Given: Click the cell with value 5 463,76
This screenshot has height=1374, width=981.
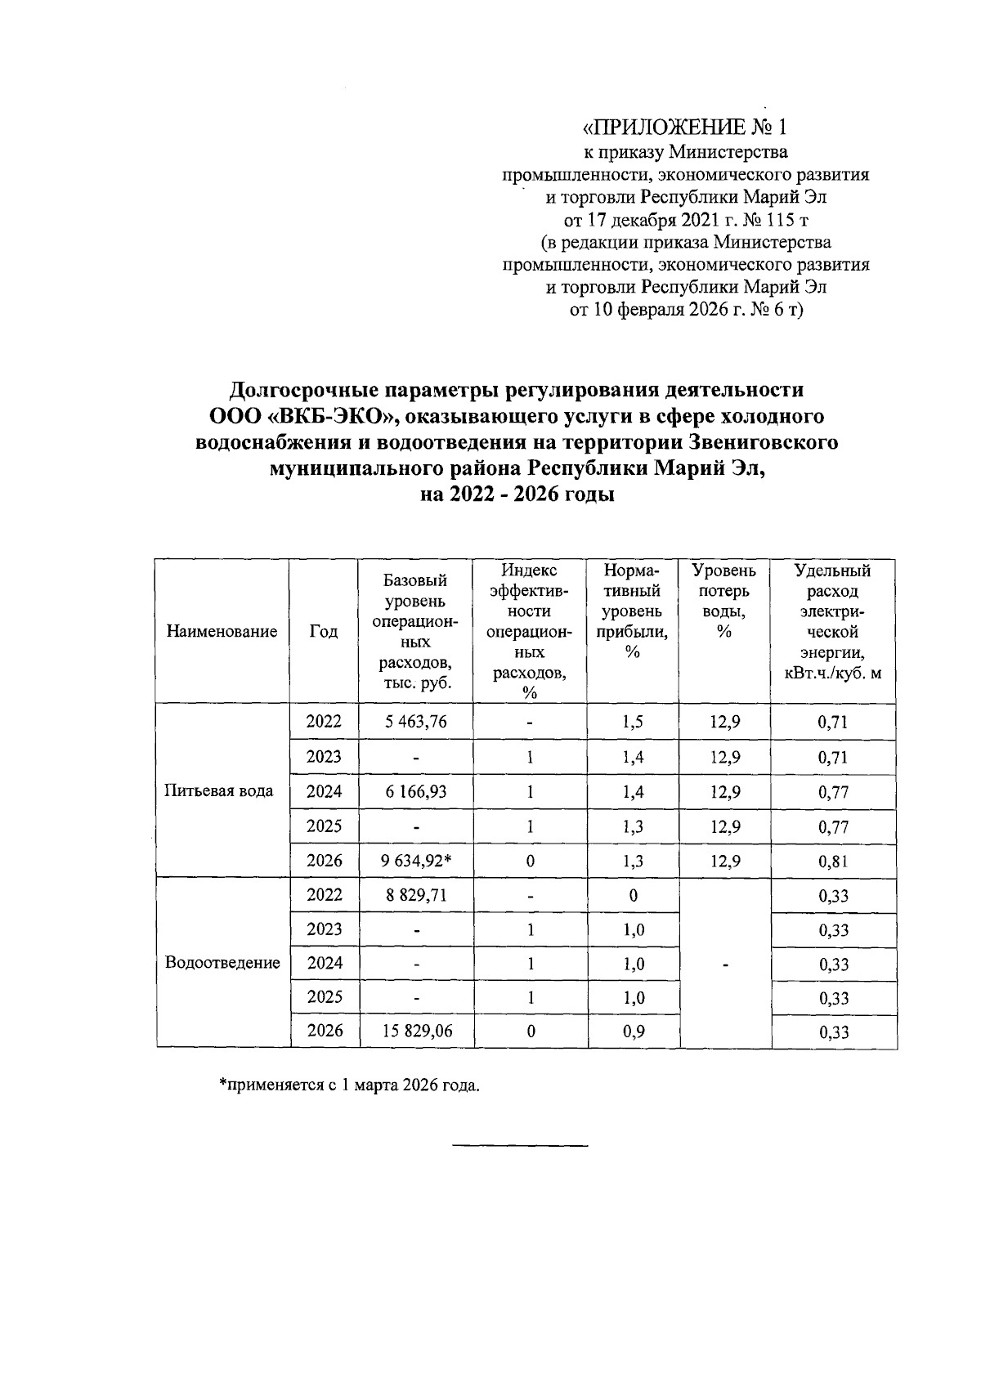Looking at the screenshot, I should tap(416, 722).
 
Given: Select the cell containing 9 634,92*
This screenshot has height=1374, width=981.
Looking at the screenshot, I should tap(416, 861).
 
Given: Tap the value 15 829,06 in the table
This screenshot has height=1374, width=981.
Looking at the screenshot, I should tap(416, 1032).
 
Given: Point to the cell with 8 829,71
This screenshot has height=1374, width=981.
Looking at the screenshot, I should tap(416, 895).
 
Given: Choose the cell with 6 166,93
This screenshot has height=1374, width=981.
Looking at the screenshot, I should tap(416, 791).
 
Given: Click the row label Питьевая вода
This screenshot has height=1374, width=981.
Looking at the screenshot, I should tap(219, 791).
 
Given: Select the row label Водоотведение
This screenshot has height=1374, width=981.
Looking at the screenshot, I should tap(222, 963).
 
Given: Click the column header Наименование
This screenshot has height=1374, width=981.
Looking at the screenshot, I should tap(222, 631).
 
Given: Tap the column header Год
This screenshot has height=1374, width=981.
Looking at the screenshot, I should tap(324, 631).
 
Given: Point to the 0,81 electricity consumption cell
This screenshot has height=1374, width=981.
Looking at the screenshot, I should tap(833, 862).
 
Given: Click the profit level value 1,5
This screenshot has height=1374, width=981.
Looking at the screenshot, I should tap(633, 722).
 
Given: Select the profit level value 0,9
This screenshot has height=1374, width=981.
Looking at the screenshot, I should tap(633, 1032).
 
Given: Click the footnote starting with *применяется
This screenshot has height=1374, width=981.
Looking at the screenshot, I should tap(349, 1086).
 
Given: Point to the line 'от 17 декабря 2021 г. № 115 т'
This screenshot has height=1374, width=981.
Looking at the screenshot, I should tap(685, 220).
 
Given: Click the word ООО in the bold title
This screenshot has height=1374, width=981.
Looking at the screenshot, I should tap(235, 417).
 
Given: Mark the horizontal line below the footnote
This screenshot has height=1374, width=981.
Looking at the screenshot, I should tap(520, 1145).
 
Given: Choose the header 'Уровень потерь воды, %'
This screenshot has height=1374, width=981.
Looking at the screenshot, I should tap(723, 601).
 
